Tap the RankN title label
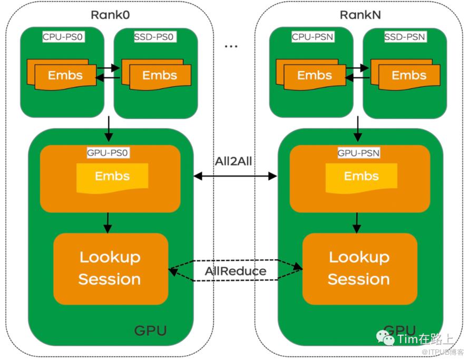click(x=359, y=15)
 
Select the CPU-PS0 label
click(x=63, y=38)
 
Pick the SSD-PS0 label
click(x=155, y=38)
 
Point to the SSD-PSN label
click(x=405, y=38)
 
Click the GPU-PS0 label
click(x=109, y=153)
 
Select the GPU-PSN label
click(x=358, y=153)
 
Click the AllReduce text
click(x=235, y=271)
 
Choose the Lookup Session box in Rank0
click(x=110, y=268)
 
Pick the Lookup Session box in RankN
click(x=359, y=268)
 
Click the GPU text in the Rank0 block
click(x=150, y=331)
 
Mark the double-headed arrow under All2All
click(x=235, y=176)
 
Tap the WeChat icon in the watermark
click(x=388, y=338)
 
